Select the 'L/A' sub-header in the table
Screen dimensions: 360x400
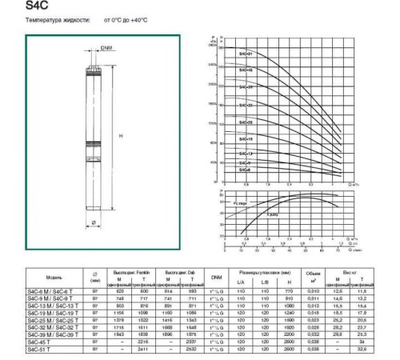(x=241, y=282)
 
